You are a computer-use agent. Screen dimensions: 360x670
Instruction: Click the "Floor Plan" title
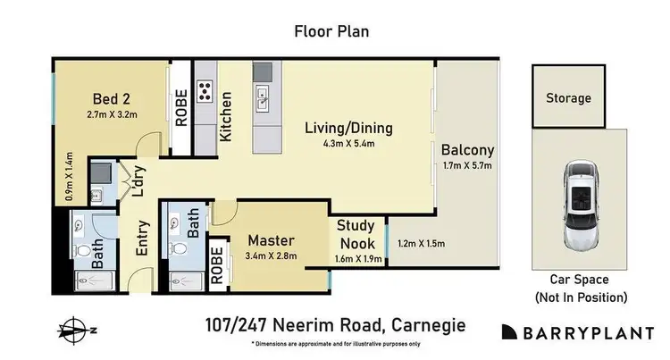[331, 31]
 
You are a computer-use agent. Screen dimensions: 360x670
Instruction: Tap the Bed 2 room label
[112, 98]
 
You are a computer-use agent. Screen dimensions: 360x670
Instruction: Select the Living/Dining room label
[348, 128]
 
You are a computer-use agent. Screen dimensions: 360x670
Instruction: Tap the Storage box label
[569, 98]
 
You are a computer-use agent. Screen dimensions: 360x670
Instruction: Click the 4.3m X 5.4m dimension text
[348, 143]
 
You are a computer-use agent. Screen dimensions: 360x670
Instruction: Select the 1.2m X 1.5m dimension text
[421, 243]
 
